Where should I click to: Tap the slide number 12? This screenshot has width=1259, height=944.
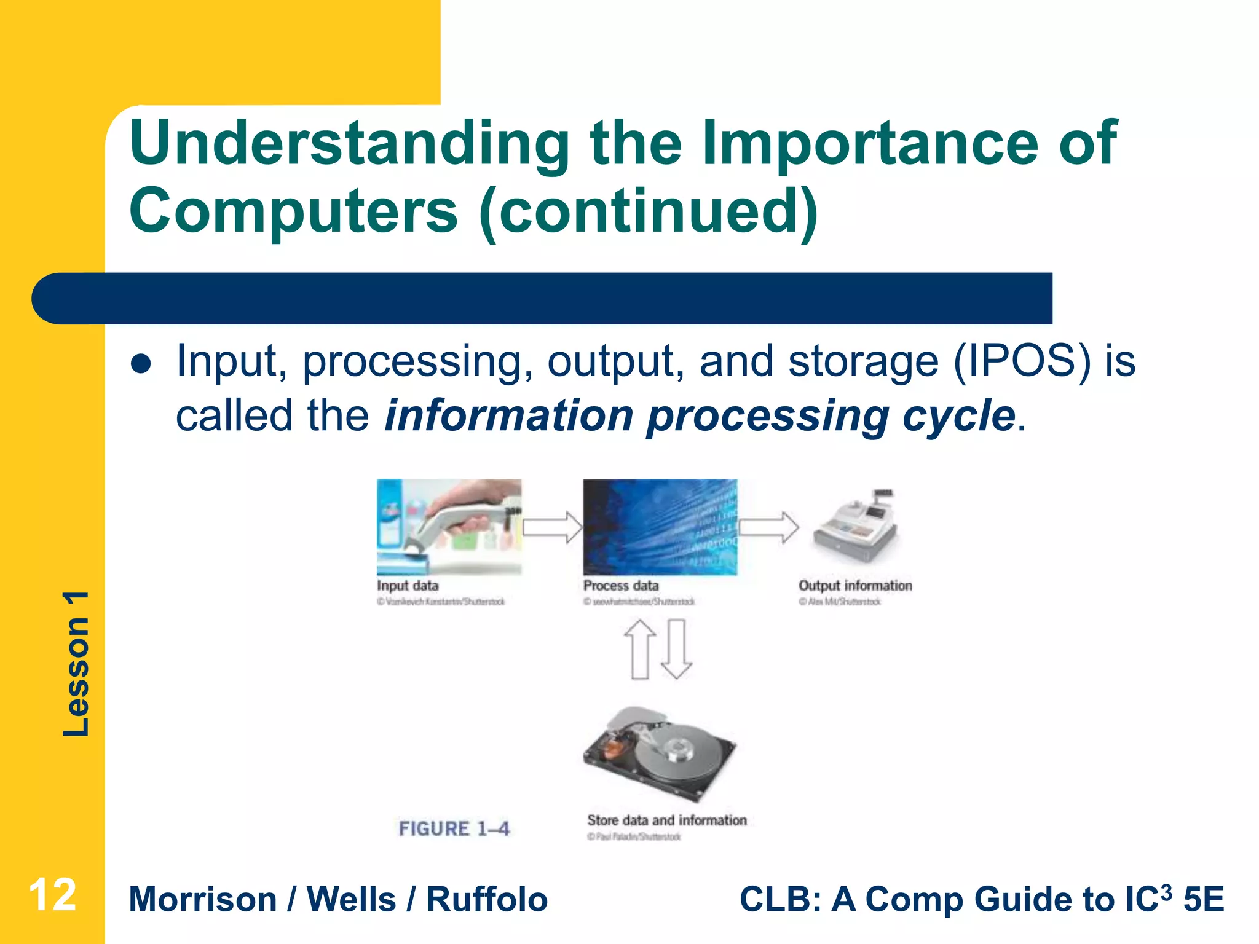coord(52,895)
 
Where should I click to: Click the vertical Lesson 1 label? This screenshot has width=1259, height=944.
coord(77,664)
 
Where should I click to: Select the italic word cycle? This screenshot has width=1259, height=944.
coord(958,416)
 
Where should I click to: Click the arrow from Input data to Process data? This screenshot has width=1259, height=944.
coord(552,527)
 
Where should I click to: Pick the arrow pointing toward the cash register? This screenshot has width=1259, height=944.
coord(768,527)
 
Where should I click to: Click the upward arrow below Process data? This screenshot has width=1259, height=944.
coord(640,649)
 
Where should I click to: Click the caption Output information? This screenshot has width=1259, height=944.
coord(855,586)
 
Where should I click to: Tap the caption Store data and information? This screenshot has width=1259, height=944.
coord(666,820)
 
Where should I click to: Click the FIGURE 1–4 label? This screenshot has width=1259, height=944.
coord(454,829)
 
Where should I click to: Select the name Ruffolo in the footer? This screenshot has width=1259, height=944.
coord(486,900)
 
